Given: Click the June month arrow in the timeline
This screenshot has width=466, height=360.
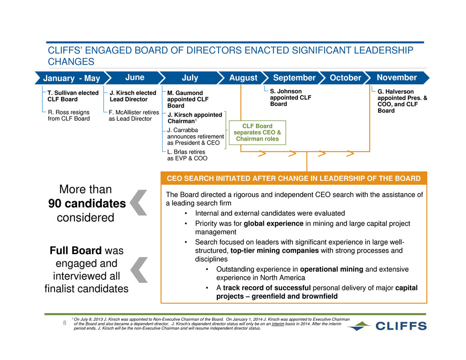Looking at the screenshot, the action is click(135, 78).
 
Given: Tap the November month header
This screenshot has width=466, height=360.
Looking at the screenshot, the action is click(397, 78).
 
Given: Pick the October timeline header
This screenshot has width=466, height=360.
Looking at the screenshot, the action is click(345, 78).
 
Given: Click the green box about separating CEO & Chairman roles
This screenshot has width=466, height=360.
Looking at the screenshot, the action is click(257, 132).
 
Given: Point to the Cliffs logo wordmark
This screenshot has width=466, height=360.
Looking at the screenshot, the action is click(401, 326).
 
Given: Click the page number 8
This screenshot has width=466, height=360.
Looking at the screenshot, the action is click(64, 323).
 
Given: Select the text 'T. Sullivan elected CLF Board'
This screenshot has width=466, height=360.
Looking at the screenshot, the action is click(73, 96).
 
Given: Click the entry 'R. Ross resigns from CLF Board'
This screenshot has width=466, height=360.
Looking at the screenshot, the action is click(69, 115).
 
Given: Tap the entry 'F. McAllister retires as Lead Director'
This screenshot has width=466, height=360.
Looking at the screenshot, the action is click(134, 115).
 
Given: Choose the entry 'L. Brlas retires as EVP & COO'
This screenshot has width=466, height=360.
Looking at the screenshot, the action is click(187, 155).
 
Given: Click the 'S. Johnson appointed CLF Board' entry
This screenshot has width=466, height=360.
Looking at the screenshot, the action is click(290, 97).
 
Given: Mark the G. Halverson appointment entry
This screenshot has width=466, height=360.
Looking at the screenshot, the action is click(402, 101).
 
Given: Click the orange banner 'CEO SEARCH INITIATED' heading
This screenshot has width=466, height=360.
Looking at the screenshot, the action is click(294, 178).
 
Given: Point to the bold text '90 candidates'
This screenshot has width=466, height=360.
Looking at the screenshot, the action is click(87, 204).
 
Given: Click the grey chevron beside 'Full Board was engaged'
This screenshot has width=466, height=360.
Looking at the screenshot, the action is click(139, 270).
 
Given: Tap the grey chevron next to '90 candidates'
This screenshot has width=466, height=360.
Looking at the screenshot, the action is click(139, 203).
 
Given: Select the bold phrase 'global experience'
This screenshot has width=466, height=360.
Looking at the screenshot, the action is click(274, 223).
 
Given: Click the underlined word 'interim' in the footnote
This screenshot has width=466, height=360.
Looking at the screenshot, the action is click(278, 324).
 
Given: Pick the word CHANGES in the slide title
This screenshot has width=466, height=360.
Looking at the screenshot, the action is click(71, 61).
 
